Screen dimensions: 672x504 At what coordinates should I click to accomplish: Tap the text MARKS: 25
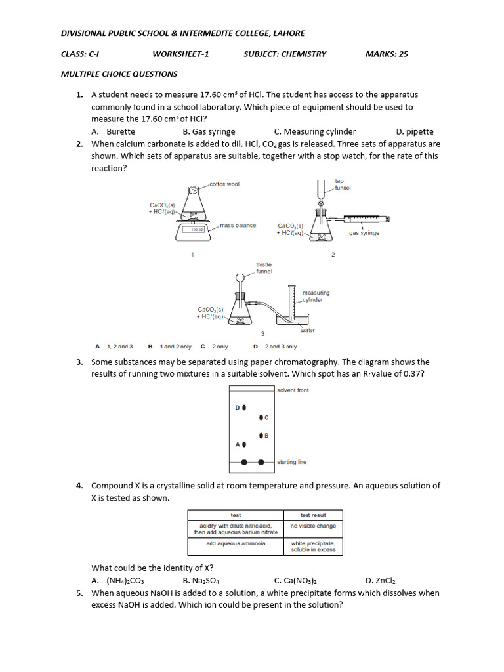coord(387,54)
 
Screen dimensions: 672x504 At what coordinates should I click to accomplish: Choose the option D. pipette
coord(415,131)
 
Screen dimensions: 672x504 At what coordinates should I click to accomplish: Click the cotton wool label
coord(224,184)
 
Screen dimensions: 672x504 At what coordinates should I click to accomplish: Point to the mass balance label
coord(238,225)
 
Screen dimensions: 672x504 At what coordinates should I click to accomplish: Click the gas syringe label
coord(364,233)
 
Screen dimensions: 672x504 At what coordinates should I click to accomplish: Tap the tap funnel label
coord(343,184)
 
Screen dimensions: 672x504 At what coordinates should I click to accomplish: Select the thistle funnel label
coord(264,268)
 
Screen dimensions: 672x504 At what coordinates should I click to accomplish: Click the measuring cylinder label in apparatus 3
coord(316,296)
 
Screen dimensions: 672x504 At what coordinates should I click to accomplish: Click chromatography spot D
coord(244,408)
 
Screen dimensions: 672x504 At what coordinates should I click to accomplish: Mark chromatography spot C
coord(261,417)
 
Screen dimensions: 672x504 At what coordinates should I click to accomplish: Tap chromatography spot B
coord(261,436)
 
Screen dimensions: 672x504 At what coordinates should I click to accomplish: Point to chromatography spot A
coord(244,444)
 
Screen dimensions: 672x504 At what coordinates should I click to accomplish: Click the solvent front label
coord(293,390)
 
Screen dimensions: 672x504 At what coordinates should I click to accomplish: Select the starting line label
coord(291,462)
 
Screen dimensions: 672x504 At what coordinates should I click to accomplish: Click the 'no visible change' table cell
coord(313,526)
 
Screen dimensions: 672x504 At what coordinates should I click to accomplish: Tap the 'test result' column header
coord(313,515)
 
